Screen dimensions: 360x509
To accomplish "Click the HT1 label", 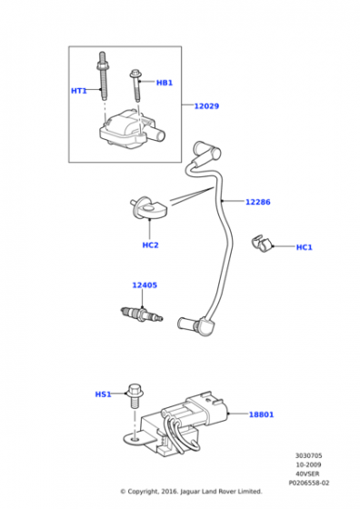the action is click(79, 91).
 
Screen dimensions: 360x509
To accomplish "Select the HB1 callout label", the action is click(165, 83).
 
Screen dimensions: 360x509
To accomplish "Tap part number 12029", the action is click(206, 105).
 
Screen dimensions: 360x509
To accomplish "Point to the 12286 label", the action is click(258, 202).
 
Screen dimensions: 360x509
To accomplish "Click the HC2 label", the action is click(150, 245).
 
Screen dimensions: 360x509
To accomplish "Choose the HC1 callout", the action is click(305, 247).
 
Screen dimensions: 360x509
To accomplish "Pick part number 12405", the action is click(145, 285).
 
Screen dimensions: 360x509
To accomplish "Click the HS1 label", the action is click(104, 394).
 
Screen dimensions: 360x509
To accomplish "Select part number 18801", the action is click(261, 414).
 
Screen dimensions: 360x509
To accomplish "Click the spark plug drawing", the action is click(141, 314).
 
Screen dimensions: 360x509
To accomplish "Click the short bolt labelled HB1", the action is click(136, 85).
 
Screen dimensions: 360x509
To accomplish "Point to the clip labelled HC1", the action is click(261, 244).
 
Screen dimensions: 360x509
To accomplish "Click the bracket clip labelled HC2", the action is click(147, 208).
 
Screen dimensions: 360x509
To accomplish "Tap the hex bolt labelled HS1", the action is click(134, 396).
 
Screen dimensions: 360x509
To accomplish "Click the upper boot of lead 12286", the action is click(206, 151).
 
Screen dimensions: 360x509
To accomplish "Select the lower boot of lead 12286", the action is click(195, 325).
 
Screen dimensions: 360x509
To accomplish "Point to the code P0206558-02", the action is click(309, 483).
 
